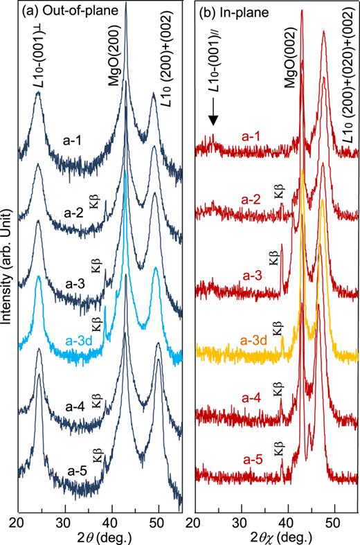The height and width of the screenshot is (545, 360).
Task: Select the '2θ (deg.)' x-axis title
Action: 98,535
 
